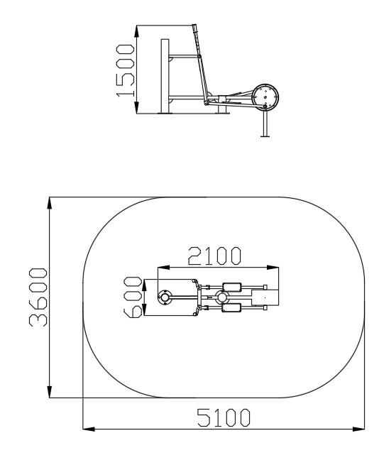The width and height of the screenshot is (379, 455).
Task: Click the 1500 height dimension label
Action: point(125,70)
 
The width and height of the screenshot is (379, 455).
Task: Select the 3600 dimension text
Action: point(38,297)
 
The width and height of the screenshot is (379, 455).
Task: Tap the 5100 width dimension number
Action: point(224,417)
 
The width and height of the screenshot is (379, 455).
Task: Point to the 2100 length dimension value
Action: point(214,256)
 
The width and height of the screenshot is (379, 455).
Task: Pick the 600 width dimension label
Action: point(133,297)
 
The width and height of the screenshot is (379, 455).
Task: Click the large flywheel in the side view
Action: point(265,97)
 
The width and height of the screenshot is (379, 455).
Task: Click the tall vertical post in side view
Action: point(165,76)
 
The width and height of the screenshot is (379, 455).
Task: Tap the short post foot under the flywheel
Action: point(265,124)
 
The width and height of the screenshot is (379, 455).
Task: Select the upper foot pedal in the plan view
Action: point(232,287)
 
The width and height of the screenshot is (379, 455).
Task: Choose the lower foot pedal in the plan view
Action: point(231,307)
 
